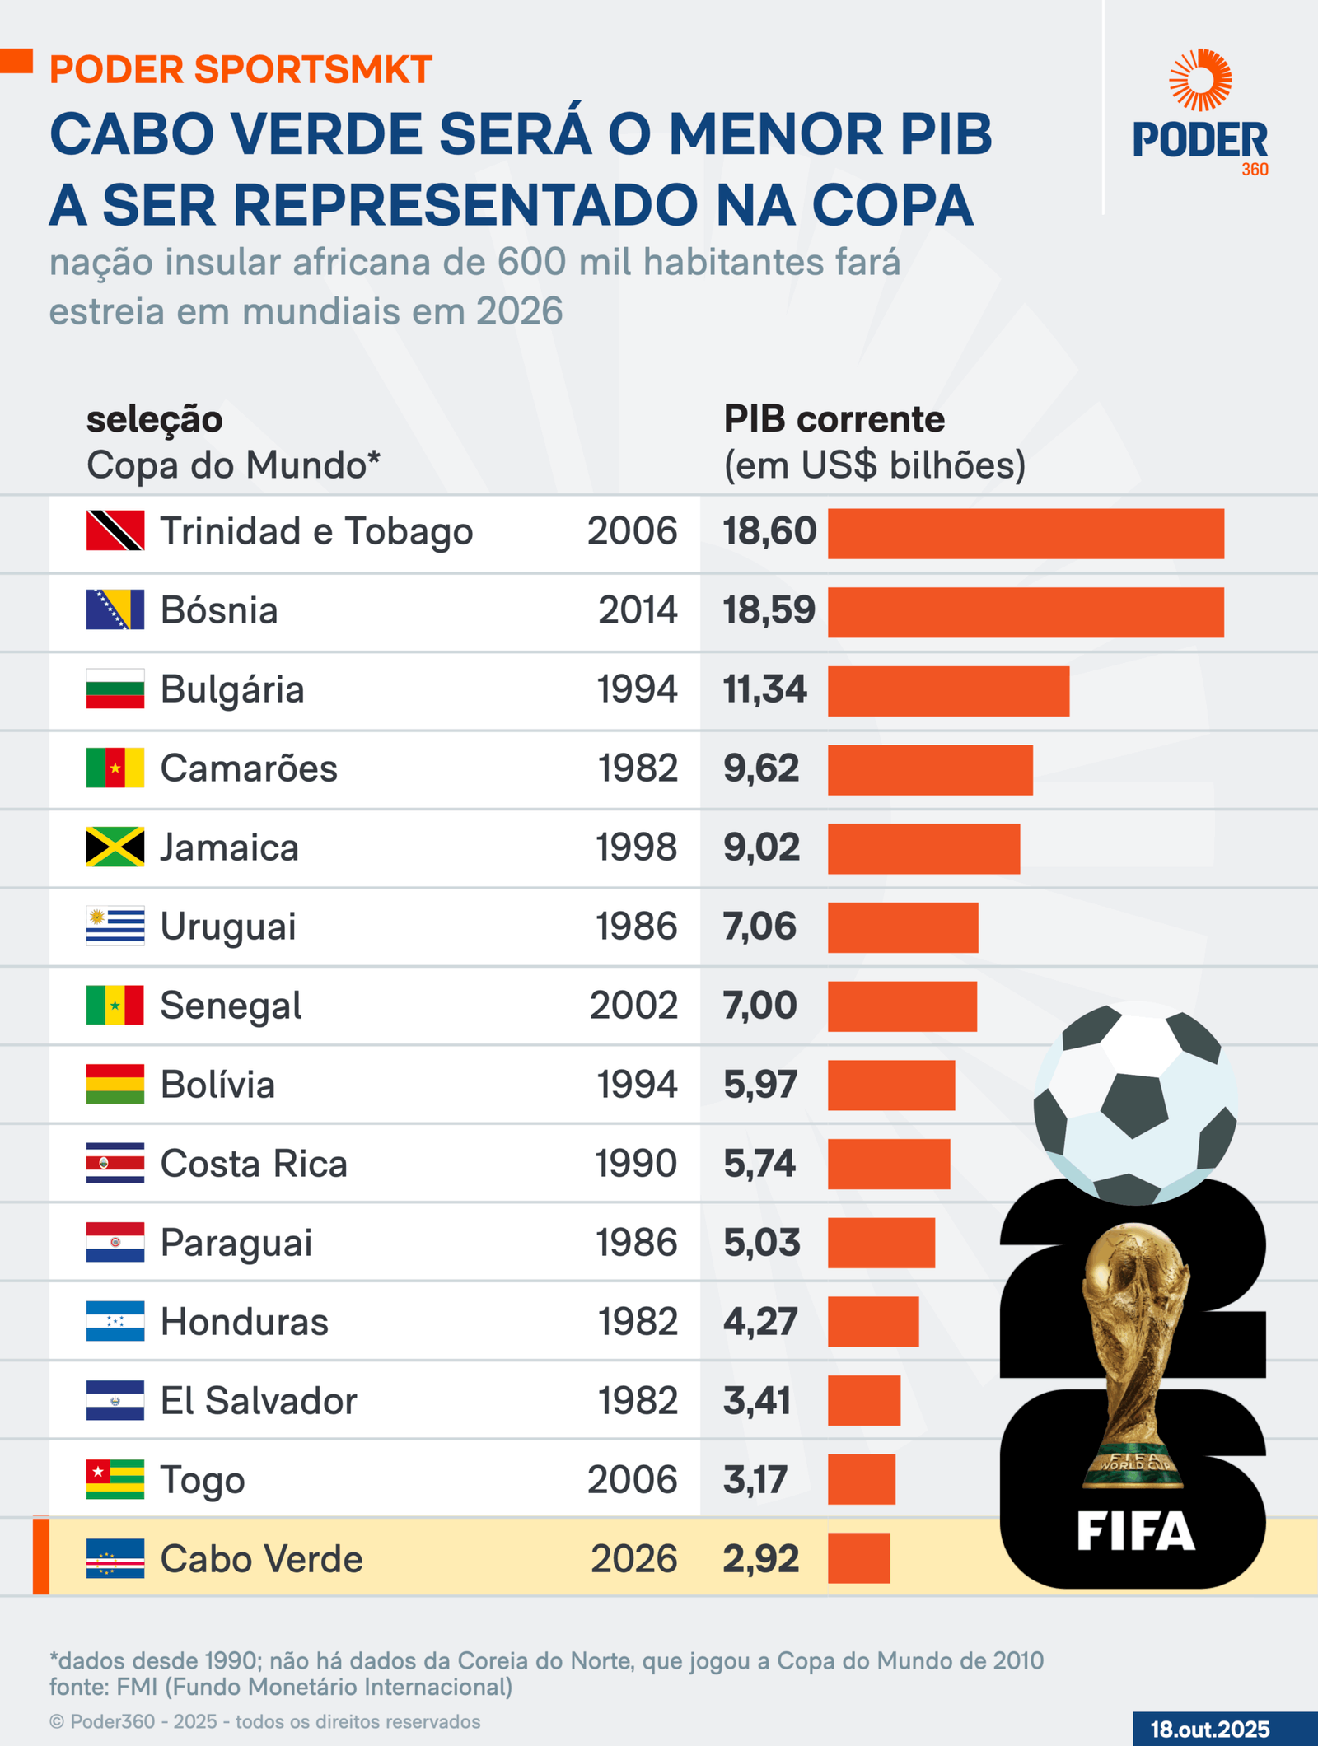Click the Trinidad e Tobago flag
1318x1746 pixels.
point(115,530)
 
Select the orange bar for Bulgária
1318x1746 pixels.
point(948,691)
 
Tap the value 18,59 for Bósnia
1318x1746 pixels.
point(769,610)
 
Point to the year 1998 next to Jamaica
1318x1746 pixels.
point(636,847)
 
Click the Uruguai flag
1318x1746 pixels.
point(115,926)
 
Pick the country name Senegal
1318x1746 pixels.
point(231,1006)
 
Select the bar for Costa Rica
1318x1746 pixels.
point(889,1164)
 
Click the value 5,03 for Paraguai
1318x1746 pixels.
point(761,1243)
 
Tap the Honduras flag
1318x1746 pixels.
point(115,1321)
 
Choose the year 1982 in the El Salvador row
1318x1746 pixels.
point(638,1401)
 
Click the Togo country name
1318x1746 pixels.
point(203,1480)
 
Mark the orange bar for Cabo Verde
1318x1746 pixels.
point(858,1558)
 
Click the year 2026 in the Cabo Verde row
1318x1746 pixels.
point(633,1559)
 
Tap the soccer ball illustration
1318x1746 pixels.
point(1135,1104)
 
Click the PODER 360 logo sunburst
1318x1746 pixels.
point(1200,80)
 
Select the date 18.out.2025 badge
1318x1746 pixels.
point(1209,1729)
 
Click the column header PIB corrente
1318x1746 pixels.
point(834,419)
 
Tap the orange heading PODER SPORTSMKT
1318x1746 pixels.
point(241,70)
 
